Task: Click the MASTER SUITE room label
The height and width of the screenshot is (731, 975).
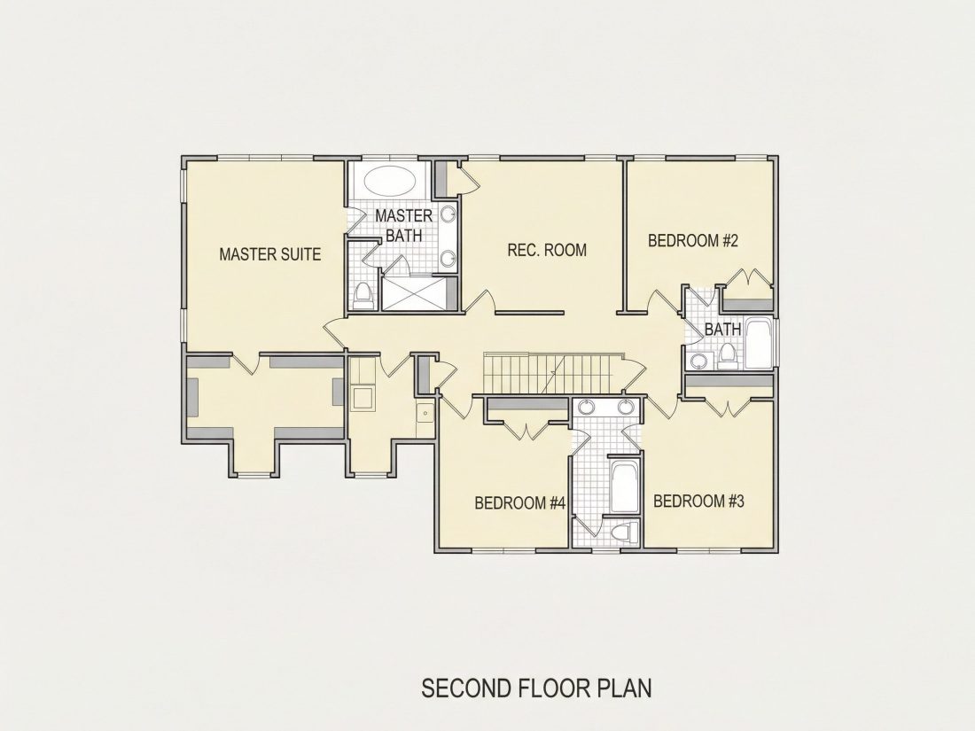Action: [270, 253]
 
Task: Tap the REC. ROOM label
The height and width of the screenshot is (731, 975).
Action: [547, 250]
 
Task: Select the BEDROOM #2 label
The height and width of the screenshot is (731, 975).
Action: [693, 240]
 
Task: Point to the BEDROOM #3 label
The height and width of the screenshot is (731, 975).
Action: [699, 501]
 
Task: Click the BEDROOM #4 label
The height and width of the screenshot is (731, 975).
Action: [519, 502]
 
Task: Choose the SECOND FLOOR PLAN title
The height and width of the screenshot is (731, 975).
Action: [536, 688]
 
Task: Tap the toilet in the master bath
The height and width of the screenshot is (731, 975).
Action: [363, 296]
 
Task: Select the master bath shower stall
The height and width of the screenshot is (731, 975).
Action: [414, 292]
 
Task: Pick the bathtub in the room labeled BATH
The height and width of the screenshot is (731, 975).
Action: [759, 344]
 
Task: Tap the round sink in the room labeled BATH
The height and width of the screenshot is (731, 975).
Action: [701, 361]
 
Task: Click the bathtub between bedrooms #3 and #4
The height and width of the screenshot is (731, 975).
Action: [624, 486]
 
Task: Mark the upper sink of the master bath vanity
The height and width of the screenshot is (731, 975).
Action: [448, 214]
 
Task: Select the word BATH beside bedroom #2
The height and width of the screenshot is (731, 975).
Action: [722, 329]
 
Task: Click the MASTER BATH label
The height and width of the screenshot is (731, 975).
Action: [403, 225]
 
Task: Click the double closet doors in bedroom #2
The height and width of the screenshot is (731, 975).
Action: [745, 277]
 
